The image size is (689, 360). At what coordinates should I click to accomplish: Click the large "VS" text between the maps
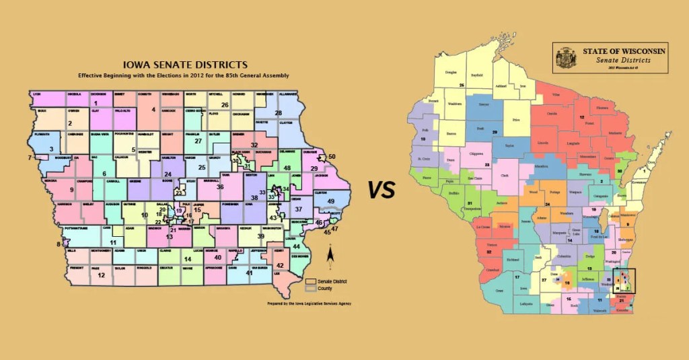[381, 191]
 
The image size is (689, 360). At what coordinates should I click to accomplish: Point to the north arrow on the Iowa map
[330, 256]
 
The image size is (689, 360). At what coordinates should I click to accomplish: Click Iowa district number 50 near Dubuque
[331, 156]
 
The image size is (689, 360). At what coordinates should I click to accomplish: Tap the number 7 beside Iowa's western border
[30, 157]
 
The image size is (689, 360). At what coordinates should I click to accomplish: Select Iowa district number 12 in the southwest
[101, 275]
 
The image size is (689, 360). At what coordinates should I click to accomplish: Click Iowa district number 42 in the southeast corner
[280, 266]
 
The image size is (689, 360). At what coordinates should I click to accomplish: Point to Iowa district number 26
[225, 105]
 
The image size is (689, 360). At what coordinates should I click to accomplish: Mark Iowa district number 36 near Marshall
[220, 186]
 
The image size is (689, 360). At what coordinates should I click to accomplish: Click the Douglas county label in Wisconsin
[450, 72]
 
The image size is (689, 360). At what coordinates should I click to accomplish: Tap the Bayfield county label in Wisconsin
[476, 75]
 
